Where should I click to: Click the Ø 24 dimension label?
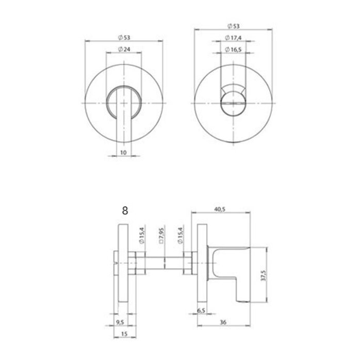[x=123, y=49]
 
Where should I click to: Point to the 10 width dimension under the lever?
[x=123, y=152]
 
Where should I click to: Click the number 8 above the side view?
[x=124, y=210]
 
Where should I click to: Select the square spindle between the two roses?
[x=161, y=263]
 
